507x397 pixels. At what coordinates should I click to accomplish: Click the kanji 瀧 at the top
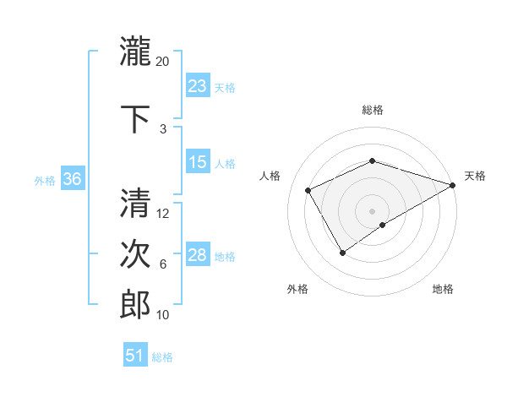click(135, 52)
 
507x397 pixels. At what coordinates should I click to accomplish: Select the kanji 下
click(135, 118)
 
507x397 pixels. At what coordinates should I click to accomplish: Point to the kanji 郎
click(135, 305)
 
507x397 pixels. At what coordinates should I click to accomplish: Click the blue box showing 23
click(198, 86)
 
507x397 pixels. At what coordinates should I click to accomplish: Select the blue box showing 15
click(198, 162)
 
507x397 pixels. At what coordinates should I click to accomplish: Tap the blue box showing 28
click(198, 255)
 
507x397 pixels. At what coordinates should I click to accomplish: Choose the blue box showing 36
click(73, 179)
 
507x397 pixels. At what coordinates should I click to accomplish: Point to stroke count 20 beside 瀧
click(163, 62)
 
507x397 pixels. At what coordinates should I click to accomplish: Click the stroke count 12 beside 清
click(163, 214)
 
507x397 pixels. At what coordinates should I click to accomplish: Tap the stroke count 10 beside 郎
click(163, 315)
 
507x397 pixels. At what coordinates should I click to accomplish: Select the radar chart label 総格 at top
click(373, 110)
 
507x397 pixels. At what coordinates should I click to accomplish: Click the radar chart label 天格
click(475, 176)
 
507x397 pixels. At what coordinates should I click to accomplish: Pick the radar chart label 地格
click(443, 289)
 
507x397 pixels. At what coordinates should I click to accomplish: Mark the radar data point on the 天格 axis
click(453, 184)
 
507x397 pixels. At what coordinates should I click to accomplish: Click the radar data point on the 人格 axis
click(308, 190)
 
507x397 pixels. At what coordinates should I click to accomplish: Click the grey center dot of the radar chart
click(373, 210)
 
